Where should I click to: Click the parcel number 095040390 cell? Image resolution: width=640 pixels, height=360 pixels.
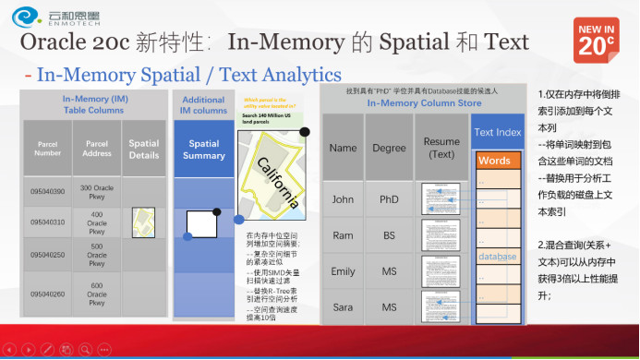pos(48,191)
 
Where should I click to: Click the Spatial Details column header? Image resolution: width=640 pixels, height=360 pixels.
pos(144,150)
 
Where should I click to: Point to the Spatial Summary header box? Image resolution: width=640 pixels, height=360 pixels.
pos(204,150)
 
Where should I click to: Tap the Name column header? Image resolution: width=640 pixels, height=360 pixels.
pos(343,148)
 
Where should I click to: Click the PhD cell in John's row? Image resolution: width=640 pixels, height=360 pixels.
pos(389,198)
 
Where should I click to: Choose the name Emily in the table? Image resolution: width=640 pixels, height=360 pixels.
pos(343,271)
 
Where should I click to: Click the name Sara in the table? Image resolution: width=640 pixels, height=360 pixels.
pos(343,306)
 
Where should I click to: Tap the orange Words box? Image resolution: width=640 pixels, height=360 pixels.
pos(497,161)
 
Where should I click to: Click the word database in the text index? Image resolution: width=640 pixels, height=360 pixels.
pos(497,256)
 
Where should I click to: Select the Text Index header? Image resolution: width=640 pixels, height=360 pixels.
pos(497,133)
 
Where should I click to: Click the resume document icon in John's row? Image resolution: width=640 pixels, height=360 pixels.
pos(441,199)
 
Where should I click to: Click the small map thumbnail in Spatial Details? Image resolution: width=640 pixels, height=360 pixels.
pos(144,222)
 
